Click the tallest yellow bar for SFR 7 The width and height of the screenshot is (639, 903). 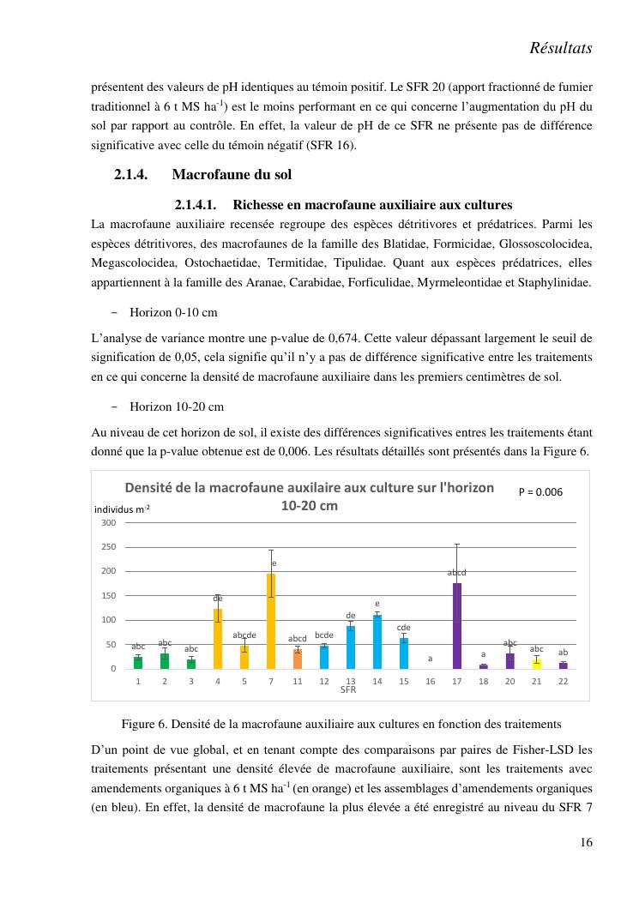(x=271, y=622)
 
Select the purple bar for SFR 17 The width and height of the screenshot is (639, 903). (x=457, y=626)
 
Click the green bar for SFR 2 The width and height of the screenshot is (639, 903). (x=165, y=661)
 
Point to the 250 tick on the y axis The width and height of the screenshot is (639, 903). (x=109, y=547)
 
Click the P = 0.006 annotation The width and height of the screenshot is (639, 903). (x=541, y=492)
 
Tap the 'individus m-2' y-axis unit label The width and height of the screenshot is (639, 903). (x=122, y=509)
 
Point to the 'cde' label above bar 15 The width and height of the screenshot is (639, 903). (x=403, y=628)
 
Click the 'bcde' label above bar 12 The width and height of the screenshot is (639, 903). (x=324, y=635)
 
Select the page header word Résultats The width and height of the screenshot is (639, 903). (x=562, y=49)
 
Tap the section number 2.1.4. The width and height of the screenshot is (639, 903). (x=132, y=175)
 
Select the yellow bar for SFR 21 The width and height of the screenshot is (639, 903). (x=537, y=663)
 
